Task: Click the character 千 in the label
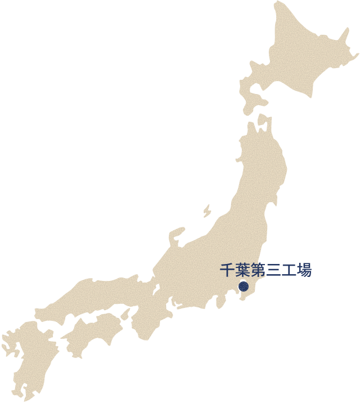226,271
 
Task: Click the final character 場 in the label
304,271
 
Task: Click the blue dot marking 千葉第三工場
243,286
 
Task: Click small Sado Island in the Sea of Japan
207,211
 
